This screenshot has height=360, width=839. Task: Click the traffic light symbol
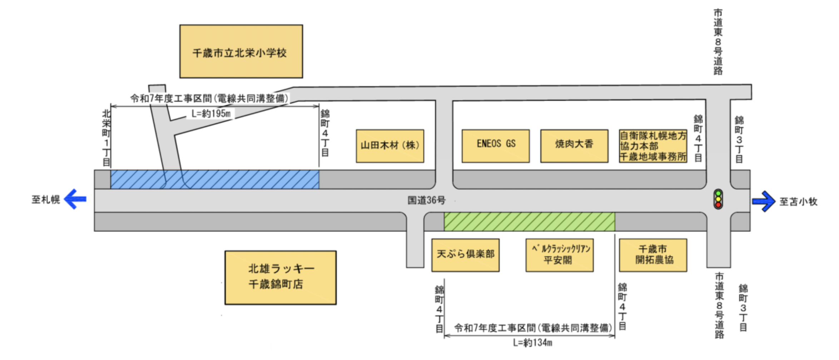718,199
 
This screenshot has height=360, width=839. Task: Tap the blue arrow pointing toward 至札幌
75,199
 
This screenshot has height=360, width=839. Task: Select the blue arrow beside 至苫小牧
763,201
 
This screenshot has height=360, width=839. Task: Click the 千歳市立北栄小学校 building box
241,51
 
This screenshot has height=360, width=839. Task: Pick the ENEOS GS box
496,146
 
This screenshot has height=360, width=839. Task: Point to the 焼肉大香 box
574,146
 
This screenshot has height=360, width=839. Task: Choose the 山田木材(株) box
390,146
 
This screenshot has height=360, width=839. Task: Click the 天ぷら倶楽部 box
465,255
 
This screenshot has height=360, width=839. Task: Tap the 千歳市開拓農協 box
653,255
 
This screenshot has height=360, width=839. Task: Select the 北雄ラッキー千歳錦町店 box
281,277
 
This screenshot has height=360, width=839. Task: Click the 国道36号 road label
426,200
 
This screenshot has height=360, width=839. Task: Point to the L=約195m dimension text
211,114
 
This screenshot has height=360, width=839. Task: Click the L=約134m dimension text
532,343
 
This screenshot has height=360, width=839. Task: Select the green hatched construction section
529,221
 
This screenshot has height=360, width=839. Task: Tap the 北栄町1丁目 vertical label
106,138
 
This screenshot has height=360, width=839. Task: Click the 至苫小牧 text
798,202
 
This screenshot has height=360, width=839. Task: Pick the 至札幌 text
46,199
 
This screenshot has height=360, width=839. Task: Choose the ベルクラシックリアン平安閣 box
559,255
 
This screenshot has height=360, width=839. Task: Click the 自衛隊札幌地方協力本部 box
653,146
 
